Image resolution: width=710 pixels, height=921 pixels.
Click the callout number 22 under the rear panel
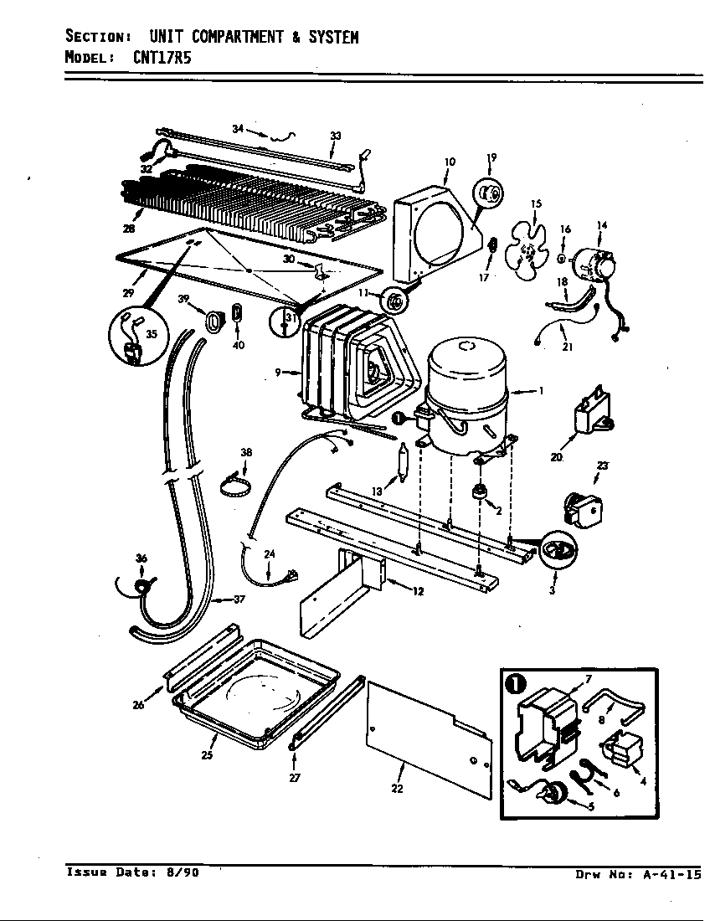tap(397, 788)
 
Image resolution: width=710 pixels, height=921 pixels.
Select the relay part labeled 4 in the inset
tap(619, 747)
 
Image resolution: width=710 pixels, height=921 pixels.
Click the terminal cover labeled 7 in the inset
tap(543, 723)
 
